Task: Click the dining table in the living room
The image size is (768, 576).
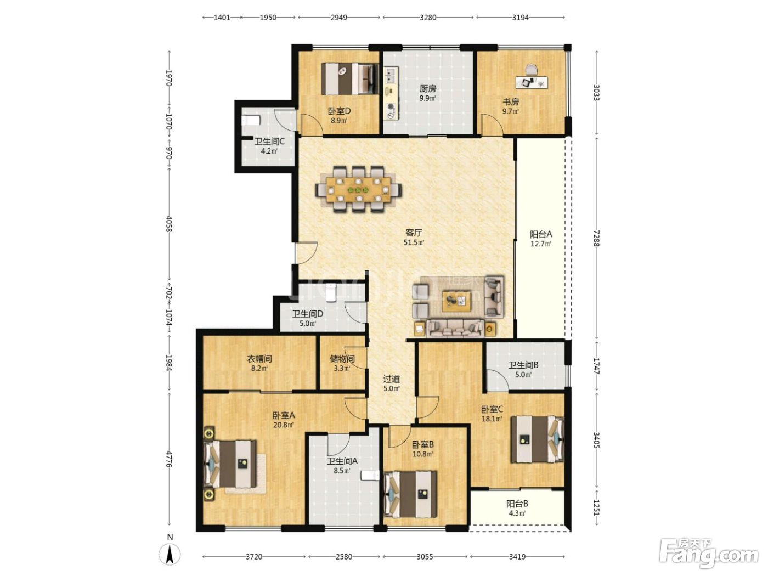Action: [x=358, y=189]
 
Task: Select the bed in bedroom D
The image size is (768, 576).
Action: [x=350, y=78]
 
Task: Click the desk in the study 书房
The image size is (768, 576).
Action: [x=532, y=82]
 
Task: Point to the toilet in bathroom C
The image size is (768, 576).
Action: [x=251, y=120]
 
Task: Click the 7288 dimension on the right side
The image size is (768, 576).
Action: [x=596, y=238]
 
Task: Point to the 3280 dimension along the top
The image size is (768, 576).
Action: [x=428, y=18]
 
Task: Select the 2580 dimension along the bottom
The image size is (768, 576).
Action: [x=343, y=556]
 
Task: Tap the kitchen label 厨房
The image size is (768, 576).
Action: [x=427, y=89]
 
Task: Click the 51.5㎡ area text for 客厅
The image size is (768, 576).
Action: [x=414, y=242]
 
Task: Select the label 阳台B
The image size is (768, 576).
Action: [x=517, y=504]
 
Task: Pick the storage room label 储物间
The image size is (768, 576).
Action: [x=342, y=358]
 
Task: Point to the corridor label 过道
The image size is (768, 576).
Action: [x=392, y=379]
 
